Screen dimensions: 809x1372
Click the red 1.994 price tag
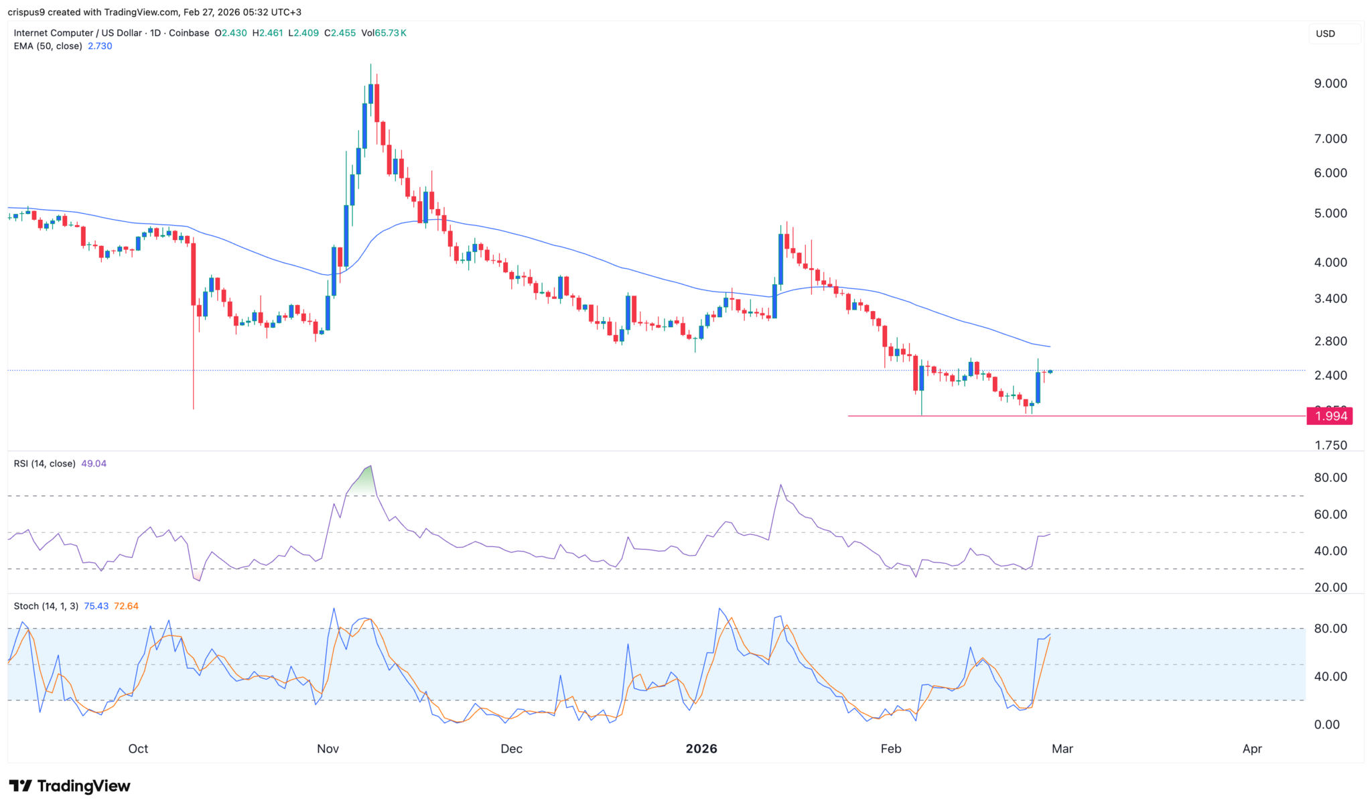point(1330,416)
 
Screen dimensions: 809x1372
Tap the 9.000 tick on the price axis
point(1330,84)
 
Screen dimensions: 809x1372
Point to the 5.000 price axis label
point(1330,214)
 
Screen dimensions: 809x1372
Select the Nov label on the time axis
point(328,749)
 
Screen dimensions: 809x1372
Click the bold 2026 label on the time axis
point(701,749)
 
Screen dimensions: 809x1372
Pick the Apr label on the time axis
point(1251,749)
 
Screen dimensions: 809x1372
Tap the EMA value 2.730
point(100,46)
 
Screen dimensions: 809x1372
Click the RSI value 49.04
point(94,464)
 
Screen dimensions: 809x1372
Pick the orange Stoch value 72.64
point(126,606)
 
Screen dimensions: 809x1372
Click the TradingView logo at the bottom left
point(70,786)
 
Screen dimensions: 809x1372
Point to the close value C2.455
point(340,33)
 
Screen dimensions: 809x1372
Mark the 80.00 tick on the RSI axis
point(1330,478)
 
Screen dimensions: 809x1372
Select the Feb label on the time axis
point(890,749)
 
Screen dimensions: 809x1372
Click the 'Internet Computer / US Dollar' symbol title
point(78,33)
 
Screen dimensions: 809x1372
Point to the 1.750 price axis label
point(1330,446)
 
